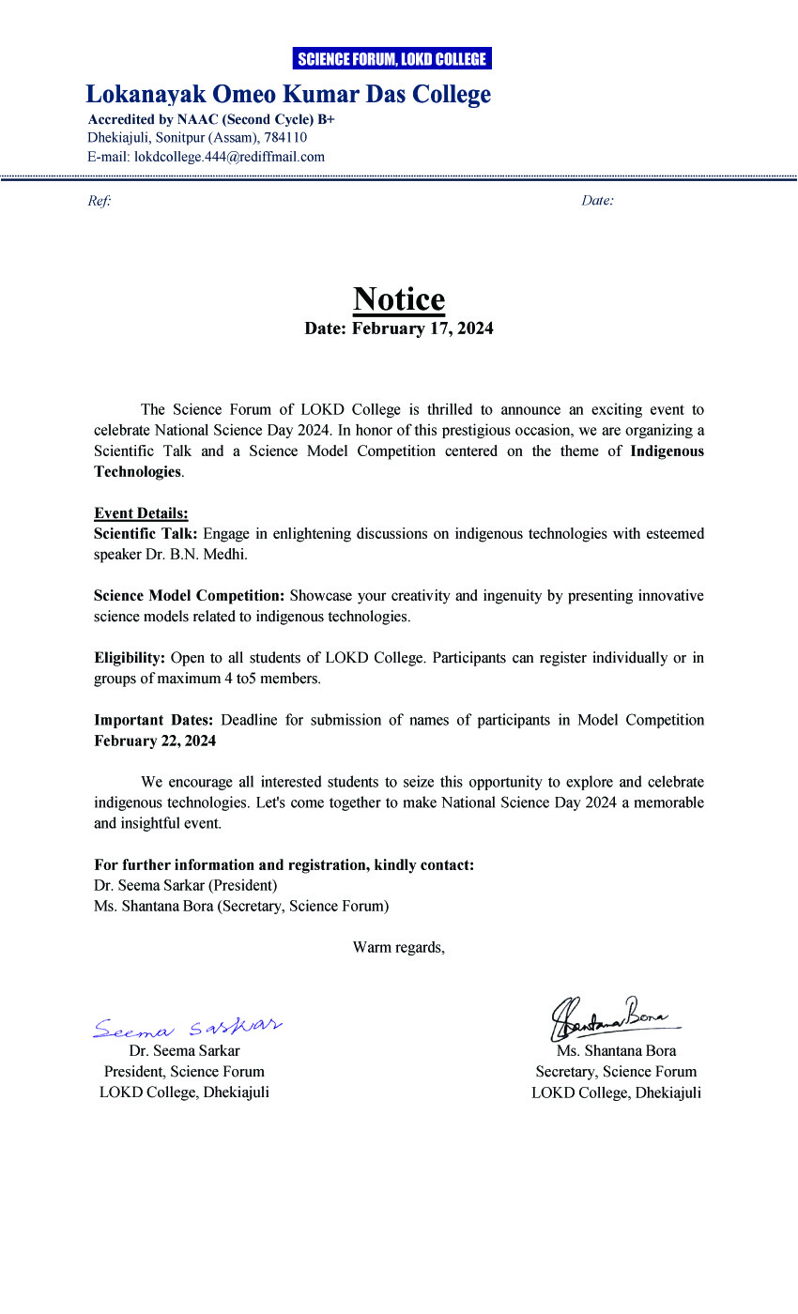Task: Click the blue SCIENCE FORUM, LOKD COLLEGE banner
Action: (391, 59)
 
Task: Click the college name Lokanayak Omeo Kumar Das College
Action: (288, 95)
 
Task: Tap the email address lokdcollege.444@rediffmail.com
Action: (229, 157)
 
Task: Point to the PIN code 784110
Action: (285, 138)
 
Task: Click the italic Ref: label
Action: (99, 201)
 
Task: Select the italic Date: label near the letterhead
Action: (597, 201)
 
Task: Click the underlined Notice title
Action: (399, 299)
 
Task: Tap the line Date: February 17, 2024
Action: (399, 328)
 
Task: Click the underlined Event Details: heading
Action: (141, 513)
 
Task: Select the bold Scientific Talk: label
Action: (146, 534)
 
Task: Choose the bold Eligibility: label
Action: (130, 658)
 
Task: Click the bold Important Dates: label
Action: (154, 720)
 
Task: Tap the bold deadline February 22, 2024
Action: (155, 741)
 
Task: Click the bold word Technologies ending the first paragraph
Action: (137, 472)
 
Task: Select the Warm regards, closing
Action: (399, 947)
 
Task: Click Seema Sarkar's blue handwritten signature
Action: (188, 1026)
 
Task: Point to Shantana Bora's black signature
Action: (610, 1015)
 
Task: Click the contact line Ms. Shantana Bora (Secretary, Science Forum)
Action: (241, 906)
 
